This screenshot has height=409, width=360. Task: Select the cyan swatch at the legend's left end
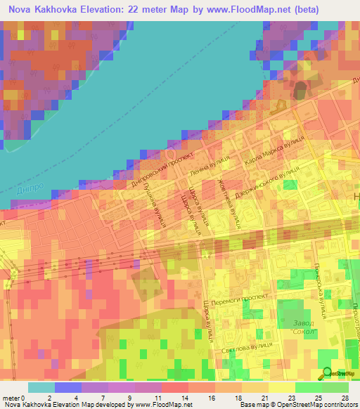click(41, 387)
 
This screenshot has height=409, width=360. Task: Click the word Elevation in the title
click(104, 10)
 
